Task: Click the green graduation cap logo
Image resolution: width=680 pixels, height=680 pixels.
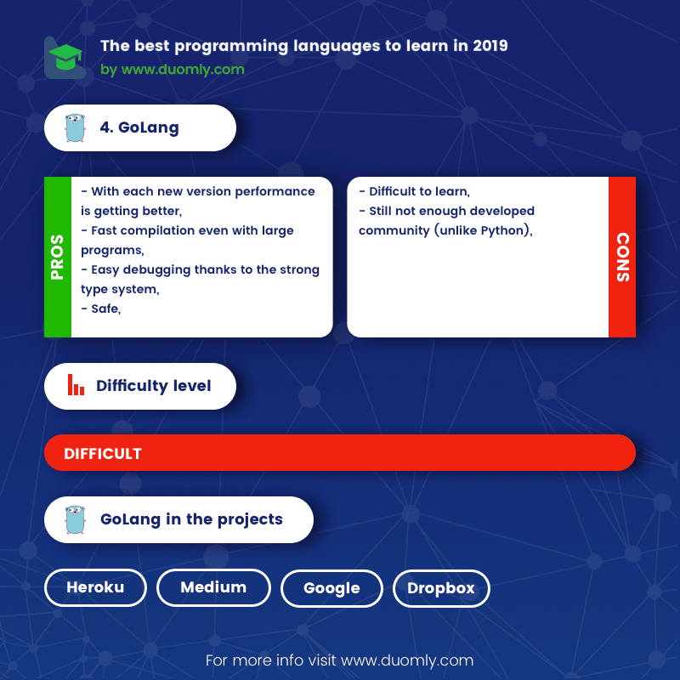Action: click(65, 58)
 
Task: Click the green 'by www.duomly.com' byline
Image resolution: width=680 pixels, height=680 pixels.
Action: click(173, 70)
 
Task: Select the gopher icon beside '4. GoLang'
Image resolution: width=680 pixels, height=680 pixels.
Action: click(76, 128)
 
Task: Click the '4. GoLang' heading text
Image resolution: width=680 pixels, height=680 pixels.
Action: click(139, 128)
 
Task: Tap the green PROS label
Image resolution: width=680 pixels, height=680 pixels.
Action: click(58, 257)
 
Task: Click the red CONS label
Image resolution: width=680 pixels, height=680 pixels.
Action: click(622, 257)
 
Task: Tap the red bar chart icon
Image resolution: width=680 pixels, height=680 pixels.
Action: click(76, 386)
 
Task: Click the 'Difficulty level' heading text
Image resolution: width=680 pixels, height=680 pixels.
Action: click(154, 386)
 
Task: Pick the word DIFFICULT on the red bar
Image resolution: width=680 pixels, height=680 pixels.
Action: click(103, 453)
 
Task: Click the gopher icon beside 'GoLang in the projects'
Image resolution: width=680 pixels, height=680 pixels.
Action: click(76, 519)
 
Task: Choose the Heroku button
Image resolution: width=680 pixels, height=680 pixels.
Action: click(95, 587)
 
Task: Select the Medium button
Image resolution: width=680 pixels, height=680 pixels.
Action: click(213, 587)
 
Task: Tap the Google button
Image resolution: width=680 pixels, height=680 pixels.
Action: click(331, 588)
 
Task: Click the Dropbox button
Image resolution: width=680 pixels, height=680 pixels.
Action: click(441, 588)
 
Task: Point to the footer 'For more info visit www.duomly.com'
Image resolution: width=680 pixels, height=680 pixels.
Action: click(340, 660)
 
